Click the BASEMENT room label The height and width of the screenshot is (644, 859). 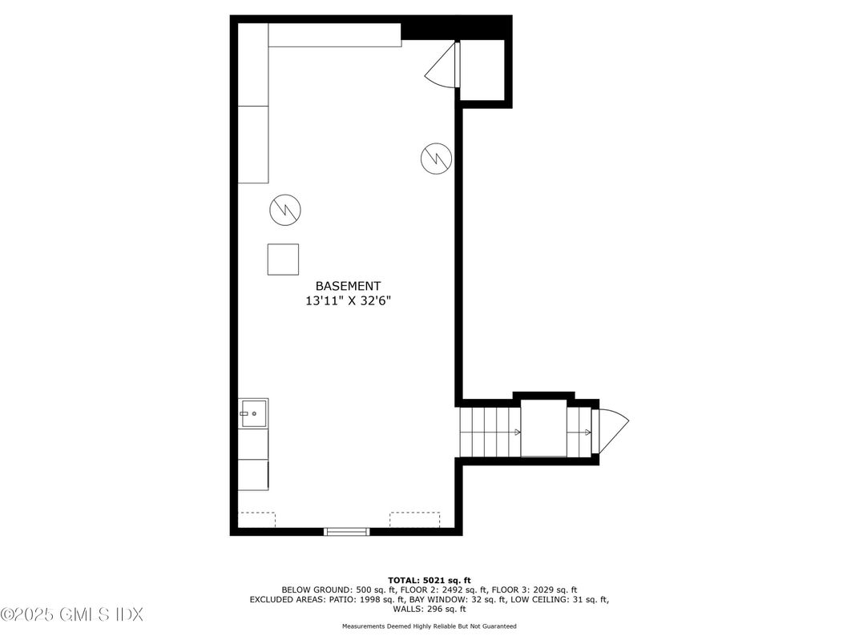pyautogui.click(x=348, y=286)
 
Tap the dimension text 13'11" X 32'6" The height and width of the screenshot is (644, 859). pyautogui.click(x=348, y=301)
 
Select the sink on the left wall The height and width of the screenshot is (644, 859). pyautogui.click(x=253, y=413)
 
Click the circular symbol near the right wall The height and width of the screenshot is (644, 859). pyautogui.click(x=436, y=158)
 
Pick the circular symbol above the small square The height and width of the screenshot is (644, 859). pyautogui.click(x=284, y=210)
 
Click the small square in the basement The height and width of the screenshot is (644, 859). pyautogui.click(x=283, y=260)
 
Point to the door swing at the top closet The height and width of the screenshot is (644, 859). pyautogui.click(x=441, y=67)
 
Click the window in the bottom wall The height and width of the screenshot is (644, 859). pyautogui.click(x=346, y=530)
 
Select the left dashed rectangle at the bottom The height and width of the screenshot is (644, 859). pyautogui.click(x=257, y=519)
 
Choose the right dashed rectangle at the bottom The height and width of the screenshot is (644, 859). pyautogui.click(x=414, y=519)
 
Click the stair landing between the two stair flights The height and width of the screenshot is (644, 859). pyautogui.click(x=544, y=431)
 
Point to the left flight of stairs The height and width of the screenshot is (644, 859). pyautogui.click(x=489, y=431)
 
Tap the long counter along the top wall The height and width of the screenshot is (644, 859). pyautogui.click(x=334, y=35)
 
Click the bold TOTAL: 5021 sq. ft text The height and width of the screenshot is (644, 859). pyautogui.click(x=429, y=579)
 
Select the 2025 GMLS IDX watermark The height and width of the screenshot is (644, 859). pyautogui.click(x=72, y=614)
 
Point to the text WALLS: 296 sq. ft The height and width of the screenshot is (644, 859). pyautogui.click(x=429, y=608)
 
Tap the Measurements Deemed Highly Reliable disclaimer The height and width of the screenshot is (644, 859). pyautogui.click(x=429, y=626)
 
